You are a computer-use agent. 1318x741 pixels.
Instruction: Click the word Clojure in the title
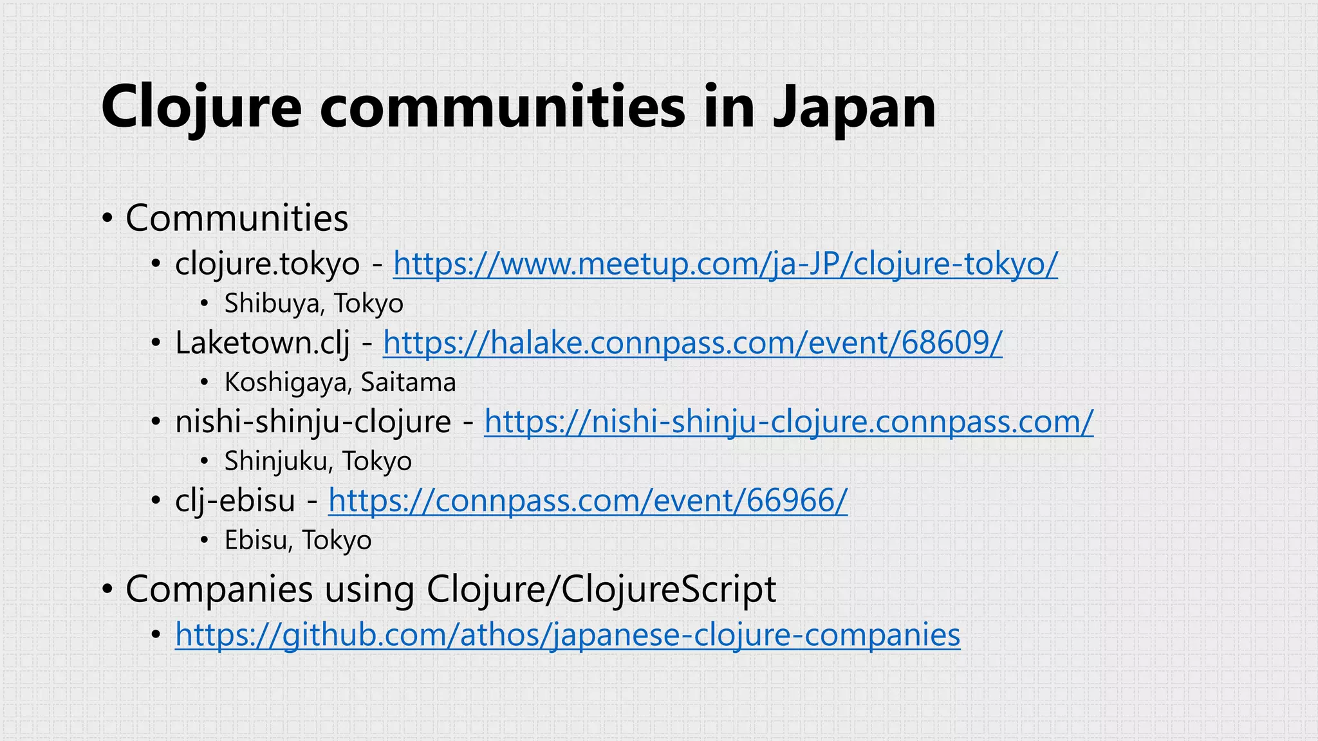201,107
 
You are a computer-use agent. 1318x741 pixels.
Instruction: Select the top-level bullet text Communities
236,218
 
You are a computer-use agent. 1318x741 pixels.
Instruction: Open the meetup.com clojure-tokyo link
725,264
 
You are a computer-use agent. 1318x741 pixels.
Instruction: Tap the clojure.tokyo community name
267,264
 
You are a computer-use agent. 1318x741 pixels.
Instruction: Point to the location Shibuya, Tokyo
313,304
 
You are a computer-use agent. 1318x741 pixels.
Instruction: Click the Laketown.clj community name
263,343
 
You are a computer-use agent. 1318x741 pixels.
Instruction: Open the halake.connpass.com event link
692,343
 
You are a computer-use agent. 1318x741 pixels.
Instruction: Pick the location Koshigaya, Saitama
340,383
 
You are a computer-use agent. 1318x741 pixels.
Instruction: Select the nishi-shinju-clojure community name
313,422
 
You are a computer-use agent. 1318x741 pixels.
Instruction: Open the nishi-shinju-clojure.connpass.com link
788,422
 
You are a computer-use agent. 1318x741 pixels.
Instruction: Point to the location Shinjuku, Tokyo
318,461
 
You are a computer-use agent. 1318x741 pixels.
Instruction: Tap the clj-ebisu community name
235,500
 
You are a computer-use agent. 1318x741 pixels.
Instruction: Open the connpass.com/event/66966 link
588,500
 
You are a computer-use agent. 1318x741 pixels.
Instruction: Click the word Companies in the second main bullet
219,589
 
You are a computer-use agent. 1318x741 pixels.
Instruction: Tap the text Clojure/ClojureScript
601,589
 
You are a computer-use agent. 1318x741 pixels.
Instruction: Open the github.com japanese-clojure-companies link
568,635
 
